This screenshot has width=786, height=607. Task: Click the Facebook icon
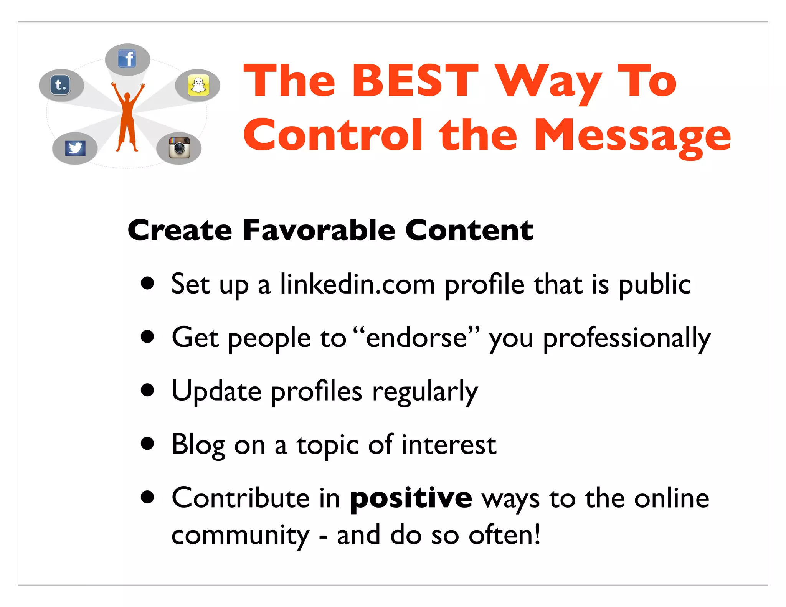127,59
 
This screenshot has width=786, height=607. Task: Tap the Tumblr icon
61,85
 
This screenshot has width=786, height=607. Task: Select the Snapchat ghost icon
198,85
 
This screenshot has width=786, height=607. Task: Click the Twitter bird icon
75,148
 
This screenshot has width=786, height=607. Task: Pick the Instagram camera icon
179,148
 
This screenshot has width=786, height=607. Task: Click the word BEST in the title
415,81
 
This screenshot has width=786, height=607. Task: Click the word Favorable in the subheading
319,230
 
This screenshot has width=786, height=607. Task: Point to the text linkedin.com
357,285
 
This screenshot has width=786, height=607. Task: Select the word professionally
626,338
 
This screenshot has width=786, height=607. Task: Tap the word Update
216,391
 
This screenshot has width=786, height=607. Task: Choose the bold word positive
411,498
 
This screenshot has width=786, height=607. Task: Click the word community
240,535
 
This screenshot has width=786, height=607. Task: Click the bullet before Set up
147,284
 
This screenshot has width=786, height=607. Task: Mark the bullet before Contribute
147,498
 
